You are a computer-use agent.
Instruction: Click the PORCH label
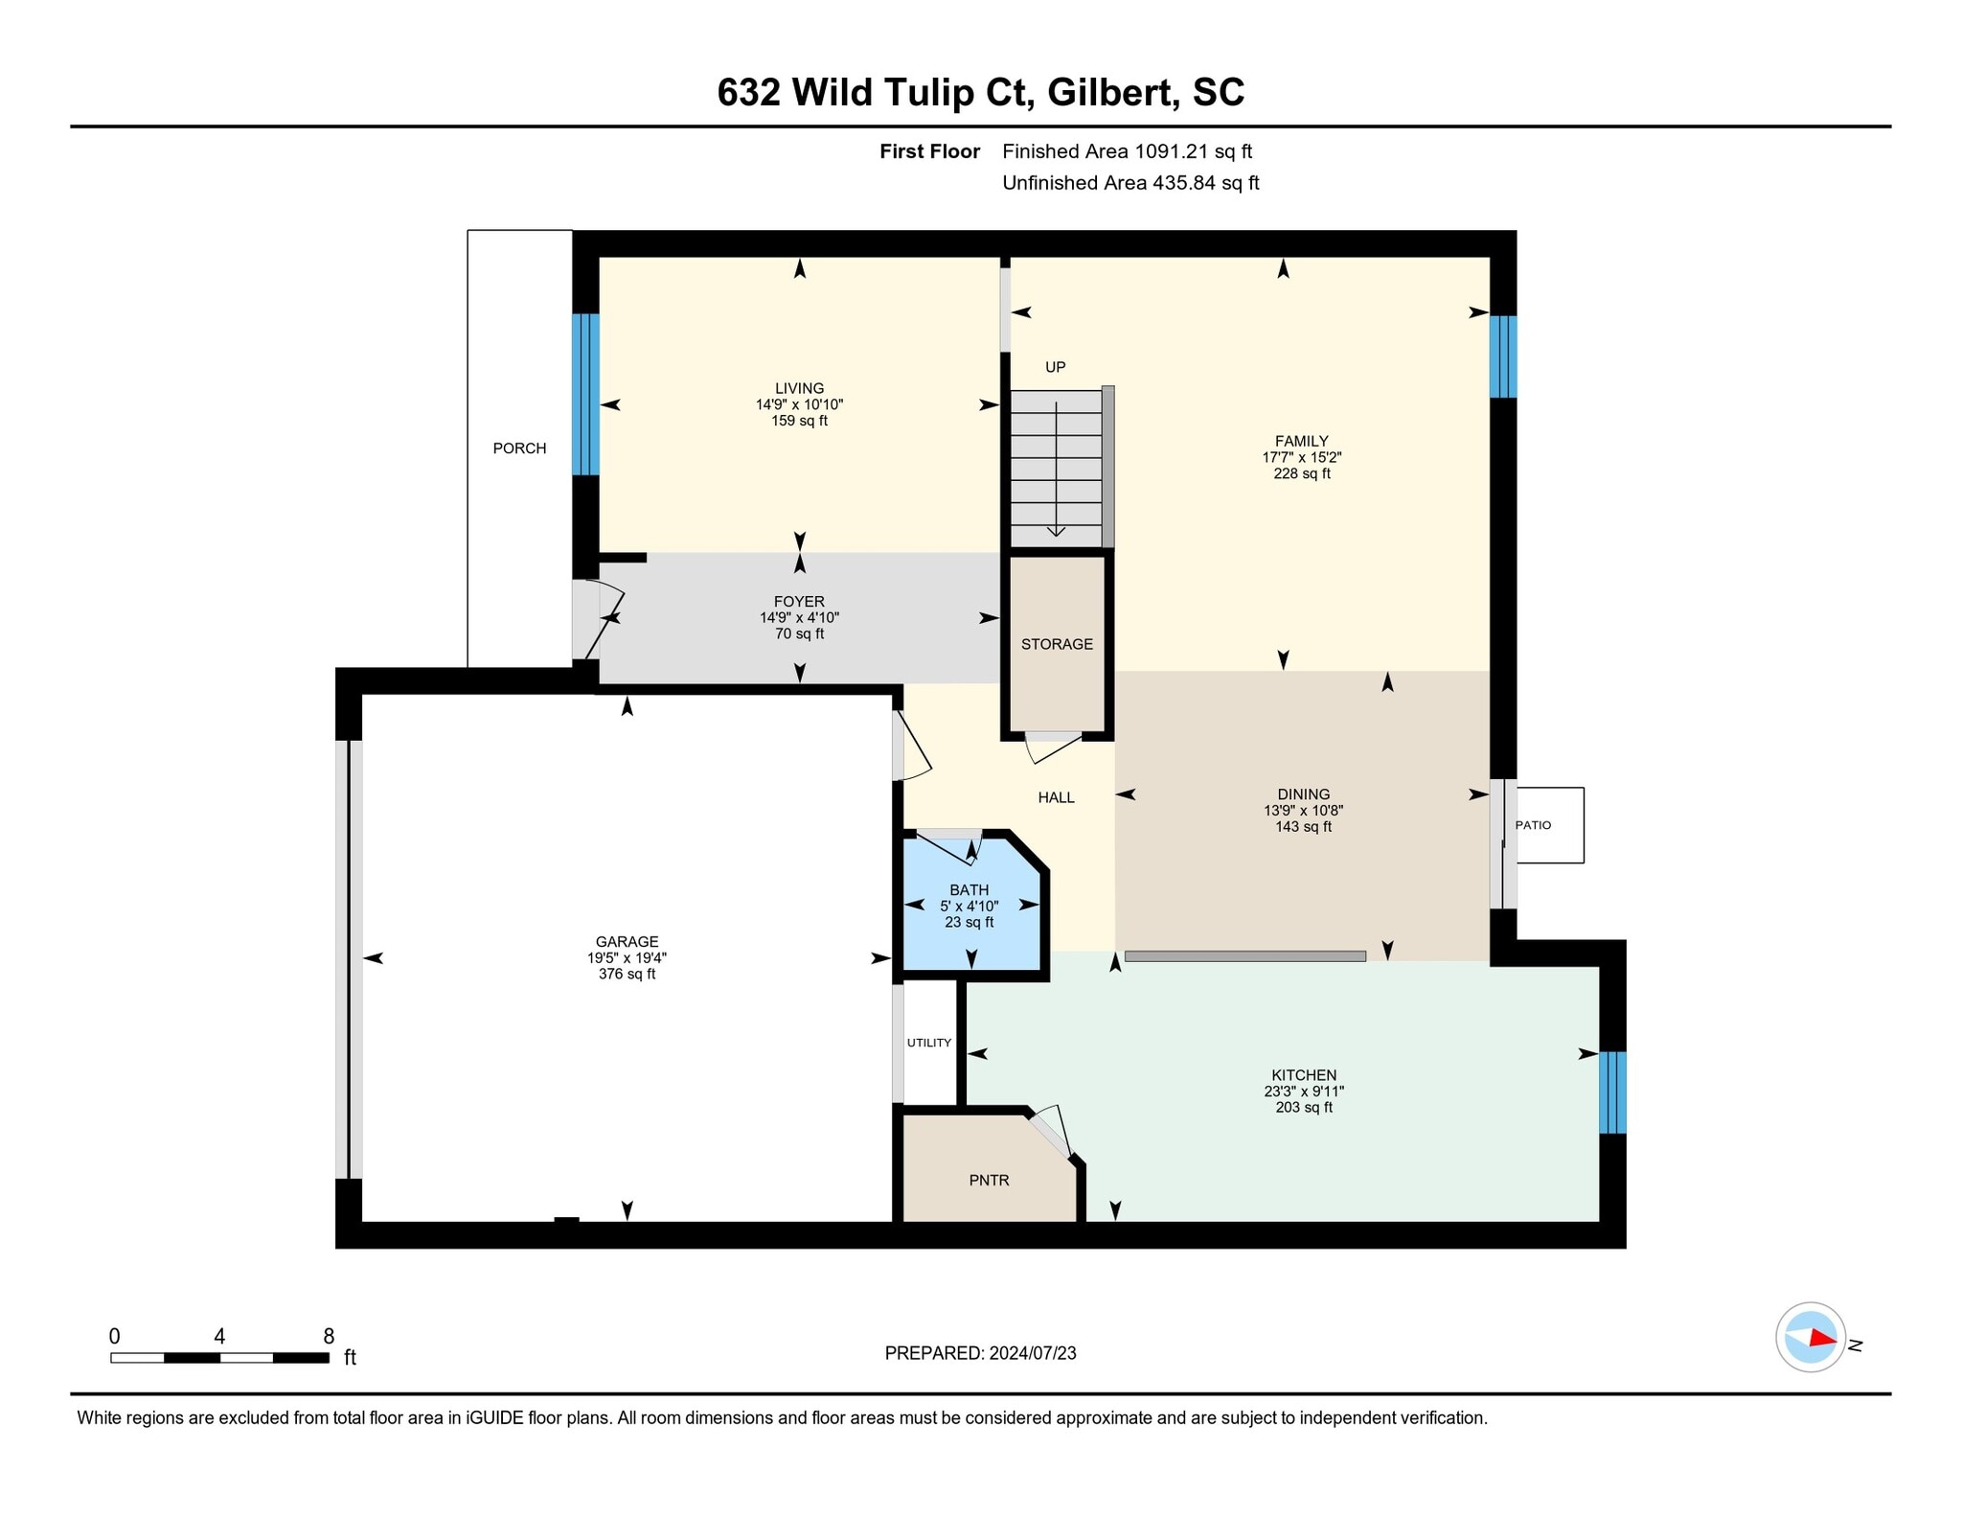click(519, 448)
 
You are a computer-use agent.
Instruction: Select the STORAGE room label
click(1057, 644)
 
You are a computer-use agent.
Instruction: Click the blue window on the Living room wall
click(585, 394)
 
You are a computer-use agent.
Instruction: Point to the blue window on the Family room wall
click(1503, 356)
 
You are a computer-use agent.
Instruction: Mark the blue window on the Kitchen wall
click(1612, 1092)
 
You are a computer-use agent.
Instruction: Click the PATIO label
click(1533, 825)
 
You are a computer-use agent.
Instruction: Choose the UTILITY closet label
click(929, 1043)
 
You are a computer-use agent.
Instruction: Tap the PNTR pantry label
click(989, 1181)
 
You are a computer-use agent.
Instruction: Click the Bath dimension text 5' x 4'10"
click(969, 907)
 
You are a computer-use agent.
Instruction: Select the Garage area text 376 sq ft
click(627, 975)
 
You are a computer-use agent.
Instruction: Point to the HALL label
click(1057, 797)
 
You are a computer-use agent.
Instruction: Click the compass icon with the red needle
click(1811, 1338)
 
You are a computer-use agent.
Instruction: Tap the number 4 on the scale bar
click(219, 1337)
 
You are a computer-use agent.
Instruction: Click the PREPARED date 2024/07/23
click(1033, 1353)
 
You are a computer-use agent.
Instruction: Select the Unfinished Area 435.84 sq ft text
click(1130, 183)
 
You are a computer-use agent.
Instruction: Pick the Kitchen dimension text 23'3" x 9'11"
click(1304, 1092)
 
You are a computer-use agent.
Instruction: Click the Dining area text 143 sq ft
click(1303, 827)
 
